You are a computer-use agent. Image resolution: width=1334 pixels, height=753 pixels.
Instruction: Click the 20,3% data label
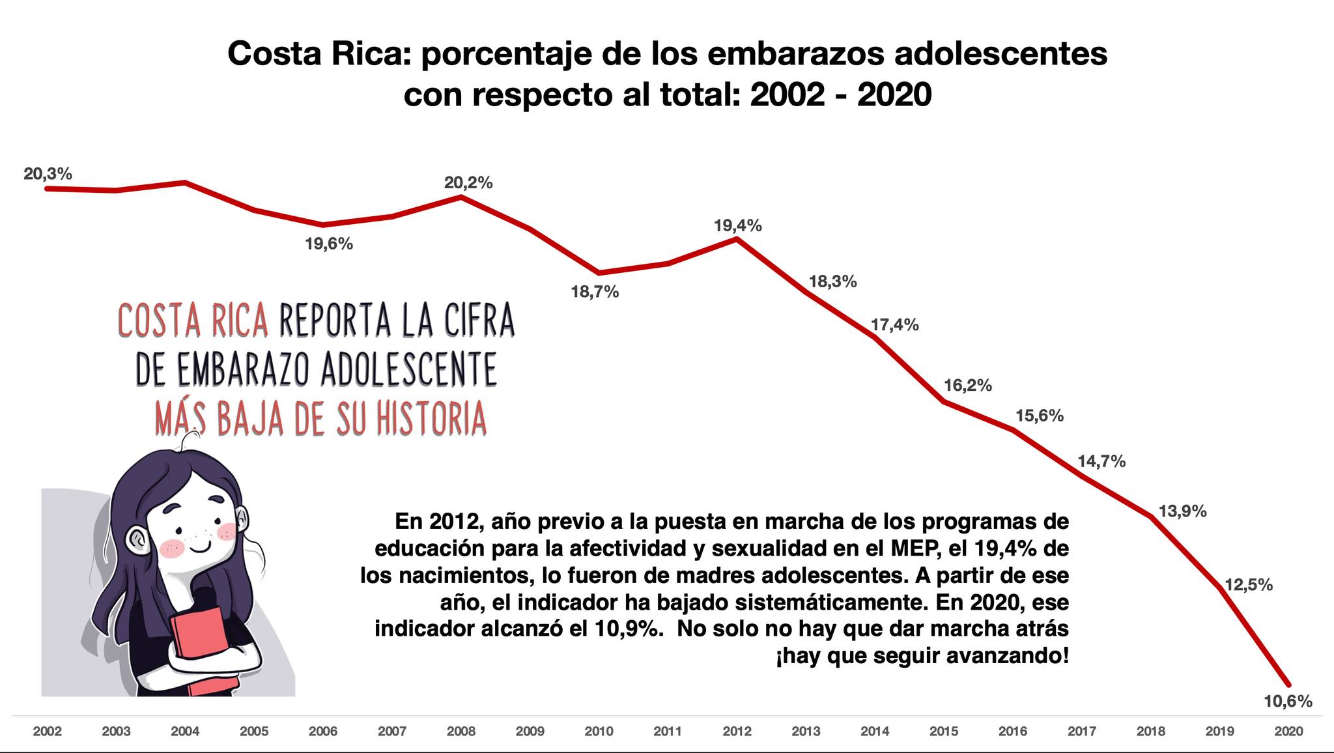[x=48, y=174]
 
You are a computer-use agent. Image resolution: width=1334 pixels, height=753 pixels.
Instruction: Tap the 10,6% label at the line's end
[x=1288, y=702]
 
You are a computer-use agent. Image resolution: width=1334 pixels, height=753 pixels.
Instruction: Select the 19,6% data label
[x=329, y=244]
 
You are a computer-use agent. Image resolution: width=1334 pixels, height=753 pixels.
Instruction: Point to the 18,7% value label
[x=595, y=292]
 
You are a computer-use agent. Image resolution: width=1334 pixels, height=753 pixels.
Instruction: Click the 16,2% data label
[x=968, y=386]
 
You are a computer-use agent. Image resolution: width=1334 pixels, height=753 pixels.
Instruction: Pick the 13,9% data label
[x=1183, y=511]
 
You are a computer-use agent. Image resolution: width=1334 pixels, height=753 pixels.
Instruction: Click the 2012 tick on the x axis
[x=737, y=732]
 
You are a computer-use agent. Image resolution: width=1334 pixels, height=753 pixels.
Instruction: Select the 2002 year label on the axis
[x=48, y=732]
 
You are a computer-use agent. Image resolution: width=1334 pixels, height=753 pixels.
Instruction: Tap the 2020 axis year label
[x=1288, y=732]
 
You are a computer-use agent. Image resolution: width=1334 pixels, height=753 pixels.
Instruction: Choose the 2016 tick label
[x=1013, y=732]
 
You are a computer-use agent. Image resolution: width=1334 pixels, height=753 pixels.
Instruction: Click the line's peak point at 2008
[x=461, y=196]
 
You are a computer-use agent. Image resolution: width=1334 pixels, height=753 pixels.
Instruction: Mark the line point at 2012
[x=737, y=239]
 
